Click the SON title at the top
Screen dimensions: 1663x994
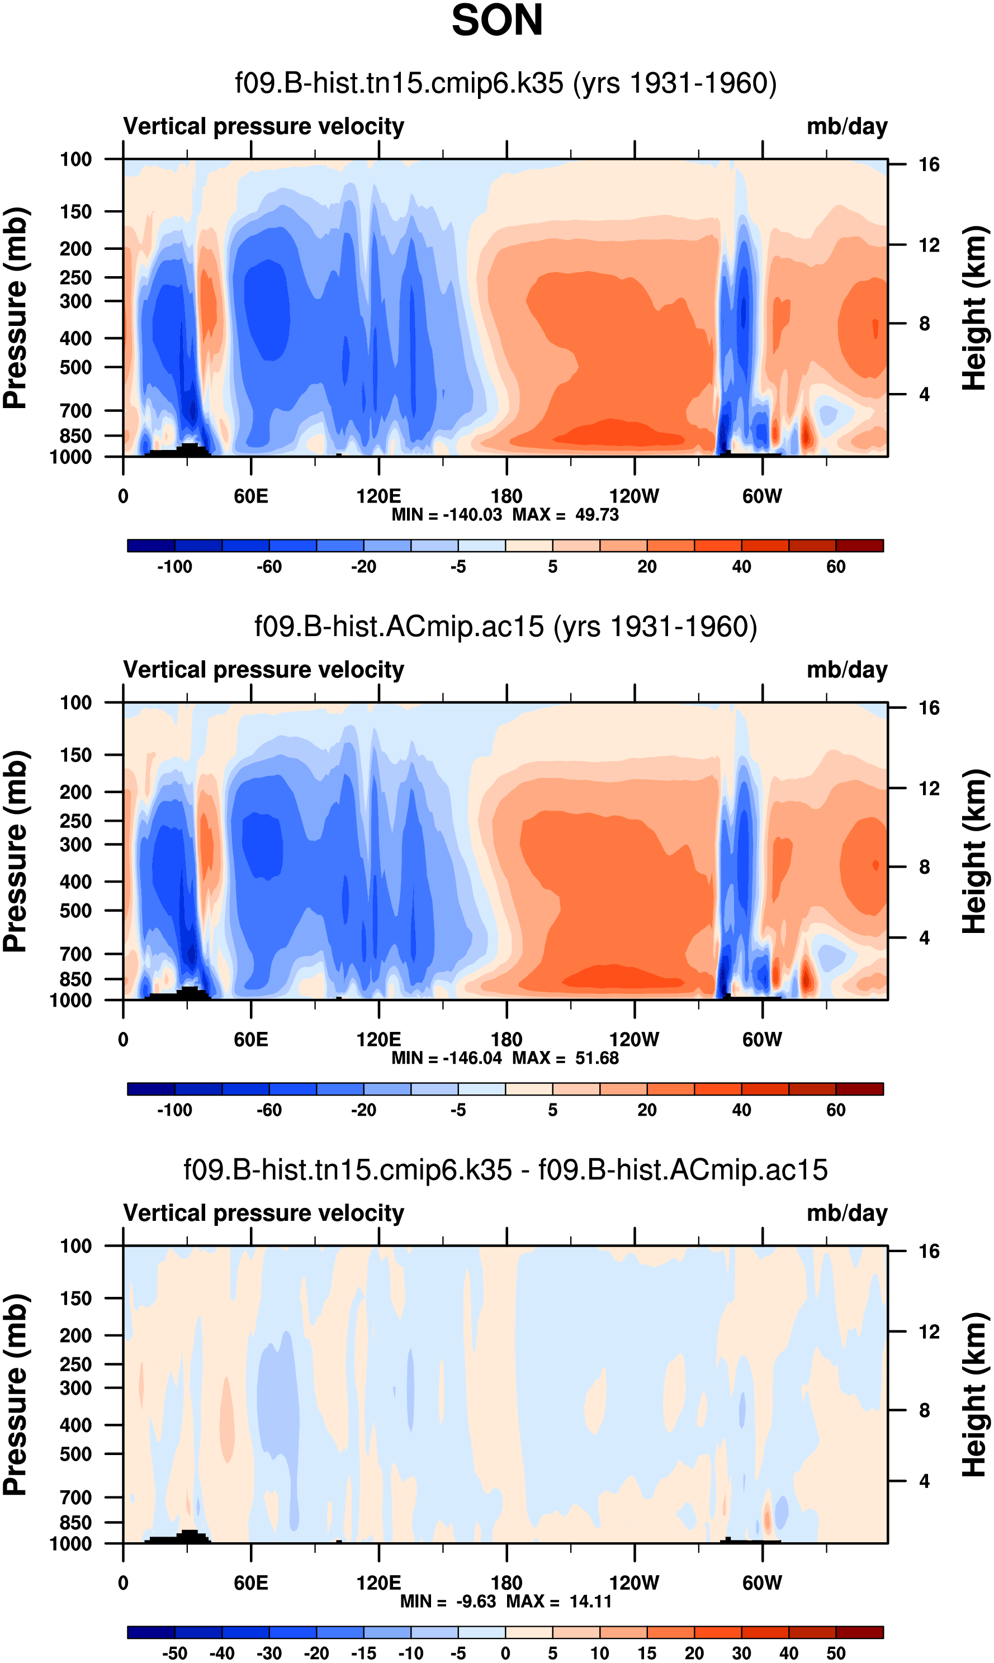[496, 21]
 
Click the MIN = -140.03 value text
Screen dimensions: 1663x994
[447, 515]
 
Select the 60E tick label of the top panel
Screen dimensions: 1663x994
[251, 496]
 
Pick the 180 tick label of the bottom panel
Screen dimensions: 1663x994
[507, 1583]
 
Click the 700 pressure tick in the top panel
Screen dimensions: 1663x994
[75, 410]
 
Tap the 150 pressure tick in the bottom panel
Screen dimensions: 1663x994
[75, 1299]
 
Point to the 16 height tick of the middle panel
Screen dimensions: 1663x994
[929, 708]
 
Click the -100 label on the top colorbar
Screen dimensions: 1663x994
[175, 567]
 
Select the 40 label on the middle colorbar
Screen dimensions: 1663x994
[741, 1110]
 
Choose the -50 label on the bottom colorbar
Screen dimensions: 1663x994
[175, 1653]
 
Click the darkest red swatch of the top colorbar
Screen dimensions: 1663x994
[859, 545]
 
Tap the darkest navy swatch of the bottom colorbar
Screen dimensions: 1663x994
[152, 1632]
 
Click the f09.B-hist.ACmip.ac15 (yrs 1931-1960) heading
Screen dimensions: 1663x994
[506, 627]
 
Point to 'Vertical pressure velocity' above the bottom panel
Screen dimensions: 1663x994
[263, 1213]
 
